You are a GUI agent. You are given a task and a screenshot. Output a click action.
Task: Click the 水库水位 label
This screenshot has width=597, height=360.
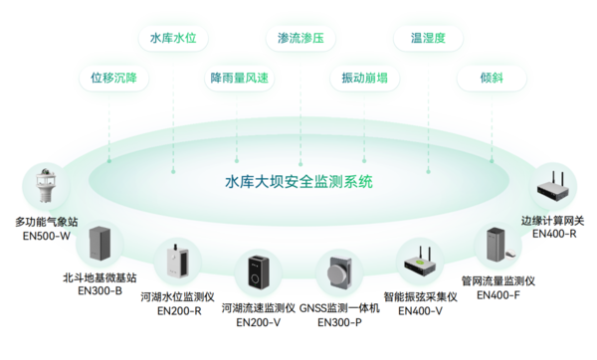click(x=173, y=40)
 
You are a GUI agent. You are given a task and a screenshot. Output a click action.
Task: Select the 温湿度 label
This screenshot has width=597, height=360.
click(x=426, y=40)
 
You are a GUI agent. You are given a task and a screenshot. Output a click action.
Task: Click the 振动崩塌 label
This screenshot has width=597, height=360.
click(x=364, y=78)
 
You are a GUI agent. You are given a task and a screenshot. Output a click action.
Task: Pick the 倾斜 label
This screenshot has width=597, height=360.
click(x=490, y=78)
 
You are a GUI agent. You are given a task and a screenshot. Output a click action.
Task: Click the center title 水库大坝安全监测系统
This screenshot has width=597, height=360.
click(x=298, y=182)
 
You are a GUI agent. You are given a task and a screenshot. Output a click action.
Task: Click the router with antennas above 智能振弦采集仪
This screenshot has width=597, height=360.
click(x=419, y=264)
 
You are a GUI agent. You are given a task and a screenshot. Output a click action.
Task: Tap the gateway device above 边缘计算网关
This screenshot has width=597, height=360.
click(x=555, y=185)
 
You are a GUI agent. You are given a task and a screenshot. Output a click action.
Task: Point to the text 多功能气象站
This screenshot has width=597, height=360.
click(x=44, y=221)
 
